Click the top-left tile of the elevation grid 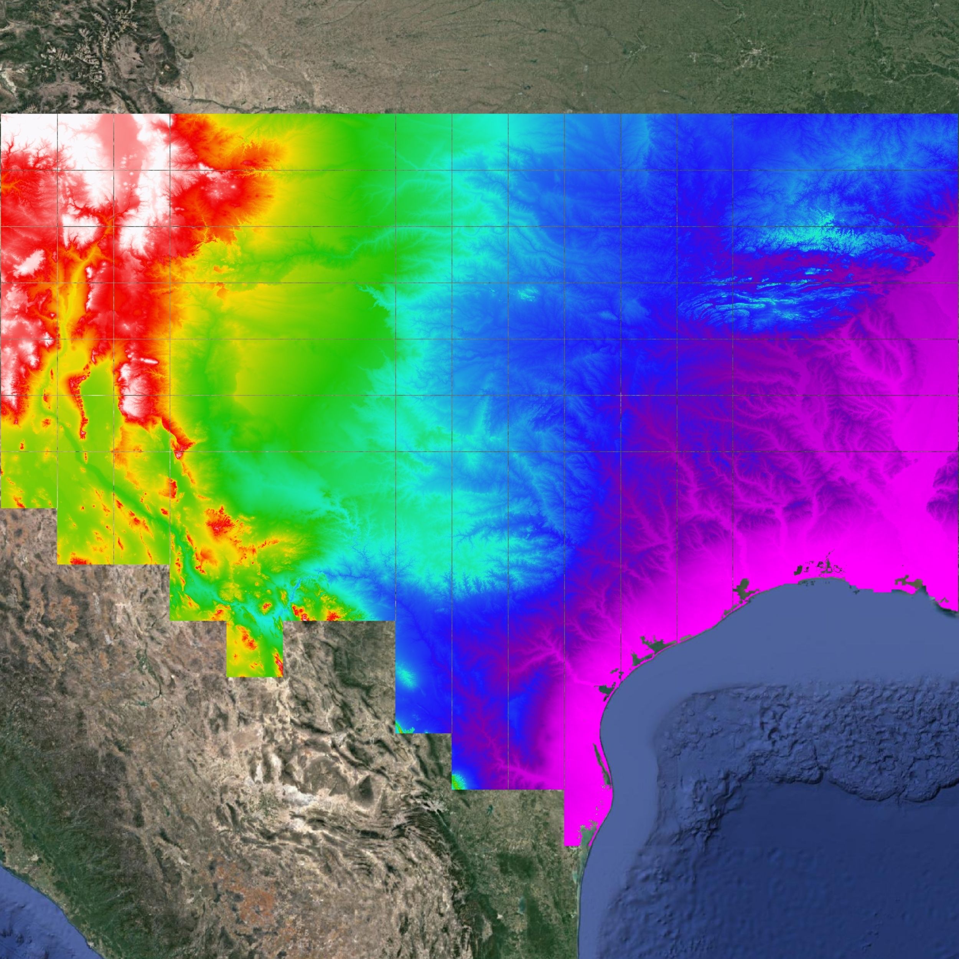[x=28, y=142]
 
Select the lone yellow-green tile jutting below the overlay [x=254, y=648]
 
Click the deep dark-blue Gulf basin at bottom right [x=819, y=893]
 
